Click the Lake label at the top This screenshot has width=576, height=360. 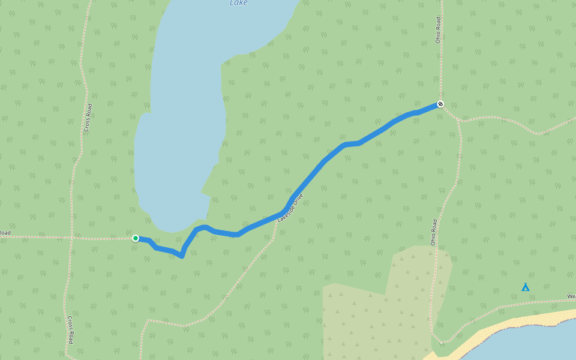click(x=238, y=3)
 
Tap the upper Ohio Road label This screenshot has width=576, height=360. click(x=439, y=29)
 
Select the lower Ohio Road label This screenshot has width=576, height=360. click(x=433, y=232)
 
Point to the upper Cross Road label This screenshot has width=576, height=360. click(x=88, y=118)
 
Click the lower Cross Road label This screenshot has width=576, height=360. click(x=71, y=329)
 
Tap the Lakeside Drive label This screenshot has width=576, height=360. click(x=291, y=208)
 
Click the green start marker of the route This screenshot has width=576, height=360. click(x=136, y=238)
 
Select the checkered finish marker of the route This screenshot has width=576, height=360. click(x=440, y=104)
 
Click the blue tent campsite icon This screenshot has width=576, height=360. click(x=526, y=287)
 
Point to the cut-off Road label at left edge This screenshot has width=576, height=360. click(x=5, y=233)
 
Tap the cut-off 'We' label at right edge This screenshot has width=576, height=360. click(x=571, y=296)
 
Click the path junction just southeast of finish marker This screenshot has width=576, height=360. click(x=459, y=120)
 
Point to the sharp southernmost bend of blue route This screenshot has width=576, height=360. click(x=181, y=256)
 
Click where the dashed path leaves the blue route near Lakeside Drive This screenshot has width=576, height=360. click(x=277, y=216)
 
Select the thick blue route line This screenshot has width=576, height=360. click(x=324, y=161)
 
